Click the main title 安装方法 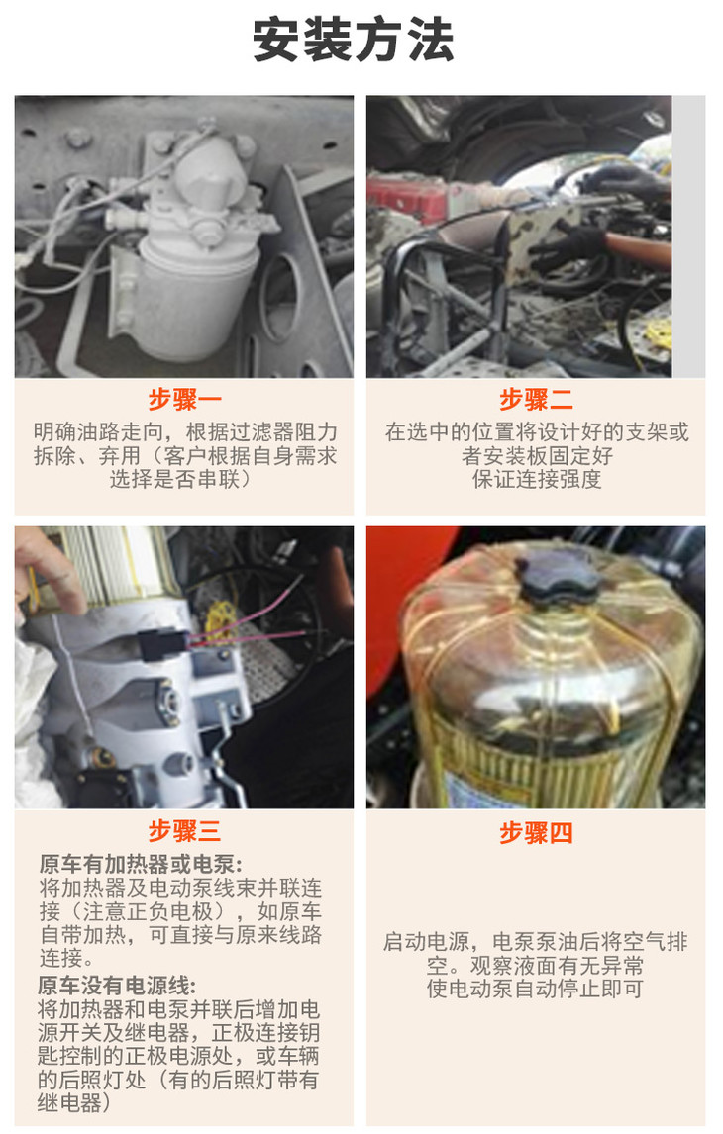tap(354, 40)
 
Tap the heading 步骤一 tap(184, 399)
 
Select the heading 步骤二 tap(536, 399)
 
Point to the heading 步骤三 tap(184, 831)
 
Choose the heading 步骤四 tap(536, 832)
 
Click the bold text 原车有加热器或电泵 tap(141, 864)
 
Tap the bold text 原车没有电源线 tap(117, 986)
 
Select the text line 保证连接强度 tap(536, 479)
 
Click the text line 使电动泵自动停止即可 tap(535, 988)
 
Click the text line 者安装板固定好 tap(536, 455)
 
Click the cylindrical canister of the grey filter tap(195, 297)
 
